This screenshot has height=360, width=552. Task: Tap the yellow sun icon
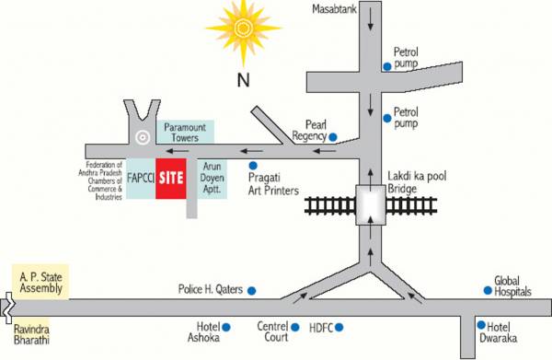click(x=242, y=30)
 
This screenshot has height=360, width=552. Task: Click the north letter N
click(x=244, y=80)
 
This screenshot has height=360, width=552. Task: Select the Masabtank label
click(x=335, y=10)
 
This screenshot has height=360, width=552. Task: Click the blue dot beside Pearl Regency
click(x=333, y=136)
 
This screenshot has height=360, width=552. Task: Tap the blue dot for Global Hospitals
click(x=488, y=291)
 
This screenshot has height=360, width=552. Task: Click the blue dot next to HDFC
click(x=339, y=327)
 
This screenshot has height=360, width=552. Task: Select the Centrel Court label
click(x=272, y=331)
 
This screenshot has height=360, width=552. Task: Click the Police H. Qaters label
click(x=210, y=289)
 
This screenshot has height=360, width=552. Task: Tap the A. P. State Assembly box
click(x=39, y=280)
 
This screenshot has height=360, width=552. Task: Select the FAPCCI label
click(x=140, y=177)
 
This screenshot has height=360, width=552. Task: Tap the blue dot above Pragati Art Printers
click(x=253, y=164)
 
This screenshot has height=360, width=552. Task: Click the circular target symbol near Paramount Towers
click(x=141, y=137)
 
